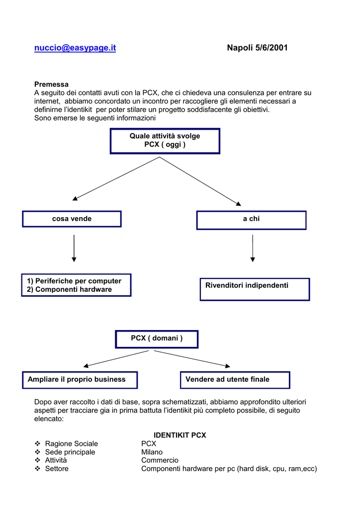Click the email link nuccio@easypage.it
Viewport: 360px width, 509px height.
75,48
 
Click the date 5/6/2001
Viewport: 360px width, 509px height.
271,48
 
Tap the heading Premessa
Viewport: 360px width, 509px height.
51,85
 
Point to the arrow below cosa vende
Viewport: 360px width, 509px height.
74,249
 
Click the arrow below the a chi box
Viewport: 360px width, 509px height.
253,249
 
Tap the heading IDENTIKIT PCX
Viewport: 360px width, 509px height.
180,435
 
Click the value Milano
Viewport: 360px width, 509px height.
152,452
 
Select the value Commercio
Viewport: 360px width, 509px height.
160,460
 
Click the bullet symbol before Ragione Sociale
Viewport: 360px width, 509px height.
38,443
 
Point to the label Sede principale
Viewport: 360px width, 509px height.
70,452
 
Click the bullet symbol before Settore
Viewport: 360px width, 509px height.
38,468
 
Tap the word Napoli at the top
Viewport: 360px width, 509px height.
240,48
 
